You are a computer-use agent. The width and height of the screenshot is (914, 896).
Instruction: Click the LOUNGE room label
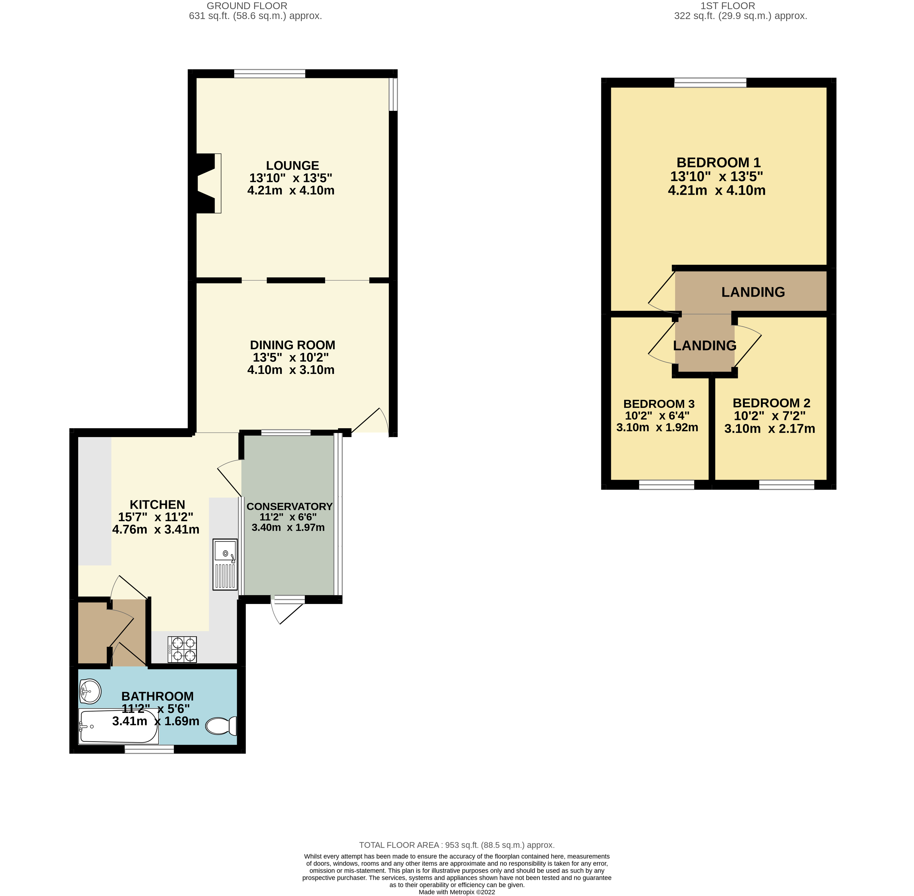(292, 166)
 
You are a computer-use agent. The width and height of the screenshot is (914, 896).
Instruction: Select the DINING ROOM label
(292, 345)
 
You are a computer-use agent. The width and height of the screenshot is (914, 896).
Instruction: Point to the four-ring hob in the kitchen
(182, 649)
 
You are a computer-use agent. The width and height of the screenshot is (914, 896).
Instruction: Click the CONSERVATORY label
(289, 506)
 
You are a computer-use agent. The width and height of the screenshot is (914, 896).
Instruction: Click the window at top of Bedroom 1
(710, 83)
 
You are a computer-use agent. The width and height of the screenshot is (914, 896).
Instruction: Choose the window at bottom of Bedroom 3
(666, 485)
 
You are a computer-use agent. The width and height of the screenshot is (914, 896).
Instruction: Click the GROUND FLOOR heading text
(247, 6)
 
